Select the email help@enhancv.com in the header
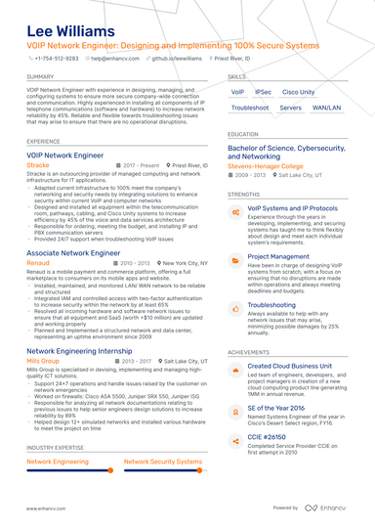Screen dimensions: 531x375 tap(115, 58)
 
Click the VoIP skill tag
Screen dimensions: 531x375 tap(238, 92)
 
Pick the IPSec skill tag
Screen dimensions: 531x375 tap(264, 92)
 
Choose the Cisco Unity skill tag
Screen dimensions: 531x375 tap(298, 92)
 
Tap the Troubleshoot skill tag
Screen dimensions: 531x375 tap(250, 108)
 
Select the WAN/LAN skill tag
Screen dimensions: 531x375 tap(327, 108)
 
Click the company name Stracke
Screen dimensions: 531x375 tap(38, 166)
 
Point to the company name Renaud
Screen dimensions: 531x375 tap(38, 263)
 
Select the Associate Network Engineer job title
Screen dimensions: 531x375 tap(73, 252)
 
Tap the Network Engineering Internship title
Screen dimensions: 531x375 tap(81, 350)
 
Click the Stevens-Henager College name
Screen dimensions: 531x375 tap(266, 166)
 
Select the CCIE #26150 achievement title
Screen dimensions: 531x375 tap(270, 439)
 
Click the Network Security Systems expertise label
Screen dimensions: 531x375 tap(163, 461)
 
